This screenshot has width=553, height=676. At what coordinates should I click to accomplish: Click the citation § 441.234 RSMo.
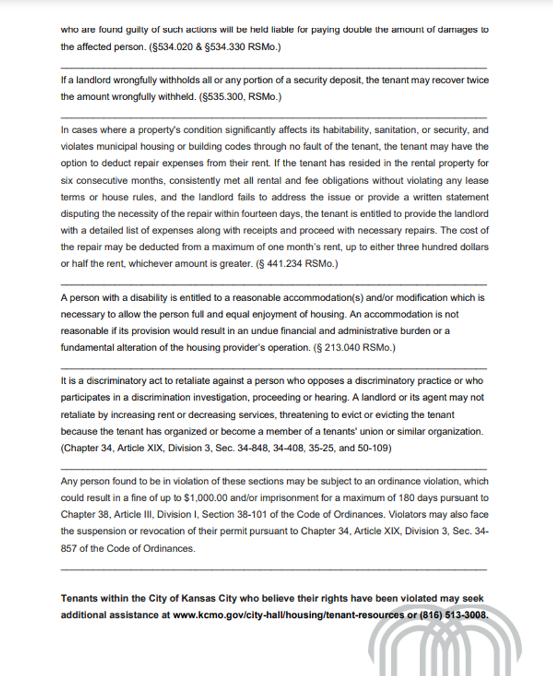298,264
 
